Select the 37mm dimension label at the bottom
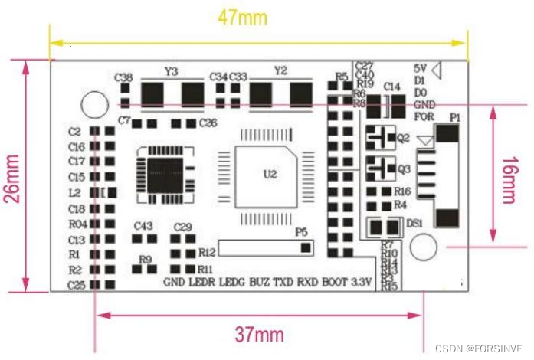click(259, 333)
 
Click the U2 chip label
click(270, 174)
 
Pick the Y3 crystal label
click(172, 71)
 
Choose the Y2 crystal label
click(280, 71)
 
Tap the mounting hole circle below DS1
click(422, 247)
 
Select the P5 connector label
click(301, 231)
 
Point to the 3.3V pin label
click(361, 282)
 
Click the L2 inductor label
click(75, 192)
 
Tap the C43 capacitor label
click(143, 226)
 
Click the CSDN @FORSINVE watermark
click(478, 347)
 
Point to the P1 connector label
click(455, 118)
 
